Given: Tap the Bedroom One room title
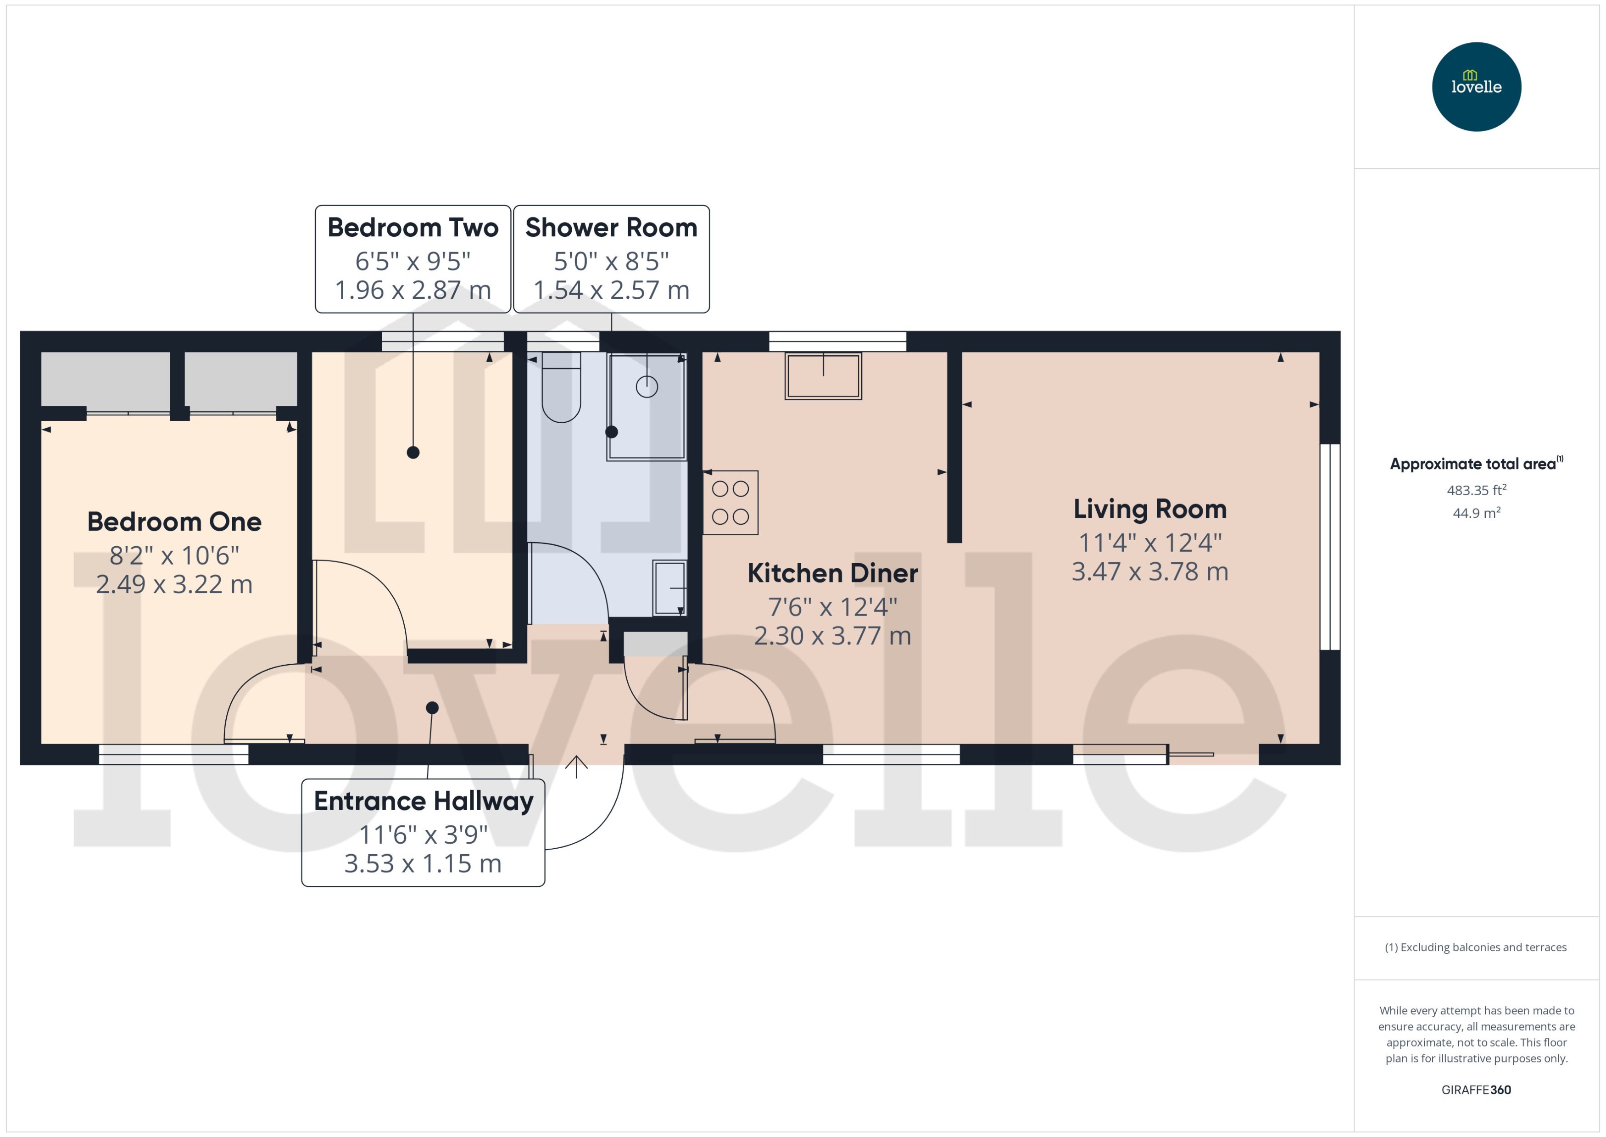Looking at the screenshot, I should [x=174, y=521].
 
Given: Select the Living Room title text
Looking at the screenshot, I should [x=1150, y=509].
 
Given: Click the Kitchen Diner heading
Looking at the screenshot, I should [x=832, y=573].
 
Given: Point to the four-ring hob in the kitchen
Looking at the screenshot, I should [x=730, y=503].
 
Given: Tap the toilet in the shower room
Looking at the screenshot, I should [x=561, y=389].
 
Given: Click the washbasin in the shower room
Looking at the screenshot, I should [x=669, y=588].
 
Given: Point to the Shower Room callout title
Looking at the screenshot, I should [x=611, y=228].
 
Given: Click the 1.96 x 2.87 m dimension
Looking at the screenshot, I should [x=413, y=290].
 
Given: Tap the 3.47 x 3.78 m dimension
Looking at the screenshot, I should [x=1150, y=572].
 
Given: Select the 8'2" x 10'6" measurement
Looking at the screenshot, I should [x=174, y=556].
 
